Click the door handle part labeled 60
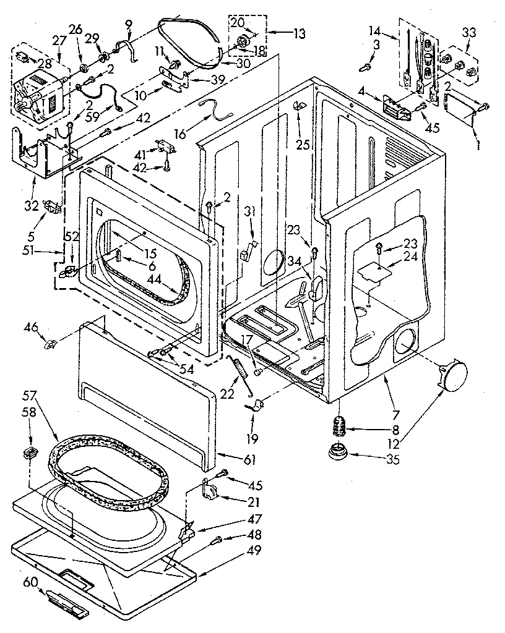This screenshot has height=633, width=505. click(x=65, y=604)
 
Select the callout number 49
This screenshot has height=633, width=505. click(x=253, y=550)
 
